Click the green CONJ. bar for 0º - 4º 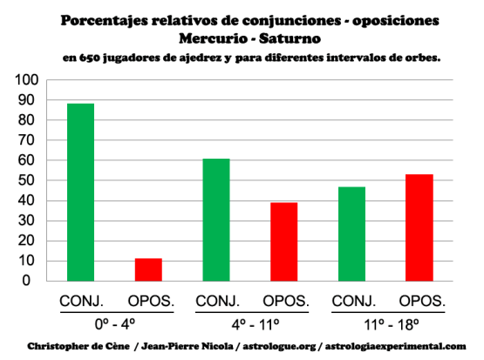click(80, 193)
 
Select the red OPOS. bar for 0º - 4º click(148, 269)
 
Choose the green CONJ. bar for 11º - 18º click(351, 234)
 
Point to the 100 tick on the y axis click(27, 80)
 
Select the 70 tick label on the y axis click(30, 140)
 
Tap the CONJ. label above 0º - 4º click(80, 301)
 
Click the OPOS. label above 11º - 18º click(419, 301)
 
